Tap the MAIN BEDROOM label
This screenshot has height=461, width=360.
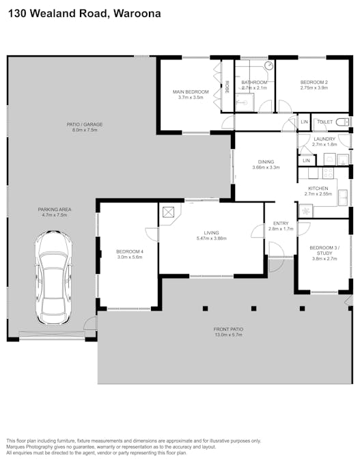191,92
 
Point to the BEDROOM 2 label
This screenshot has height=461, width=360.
314,83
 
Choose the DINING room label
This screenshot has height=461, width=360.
266,162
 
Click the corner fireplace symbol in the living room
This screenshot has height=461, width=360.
169,212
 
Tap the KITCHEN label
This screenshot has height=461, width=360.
318,188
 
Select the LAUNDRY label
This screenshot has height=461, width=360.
324,139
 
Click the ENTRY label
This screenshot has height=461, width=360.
281,223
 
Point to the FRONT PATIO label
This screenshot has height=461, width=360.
229,329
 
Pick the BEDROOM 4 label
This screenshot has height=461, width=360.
129,251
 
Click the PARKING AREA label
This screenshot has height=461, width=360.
55,210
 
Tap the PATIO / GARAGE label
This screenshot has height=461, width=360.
84,124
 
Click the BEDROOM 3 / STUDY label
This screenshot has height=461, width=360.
323,250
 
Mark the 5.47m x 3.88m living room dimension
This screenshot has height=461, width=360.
211,238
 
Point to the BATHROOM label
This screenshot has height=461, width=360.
254,83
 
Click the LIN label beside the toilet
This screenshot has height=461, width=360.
305,122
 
